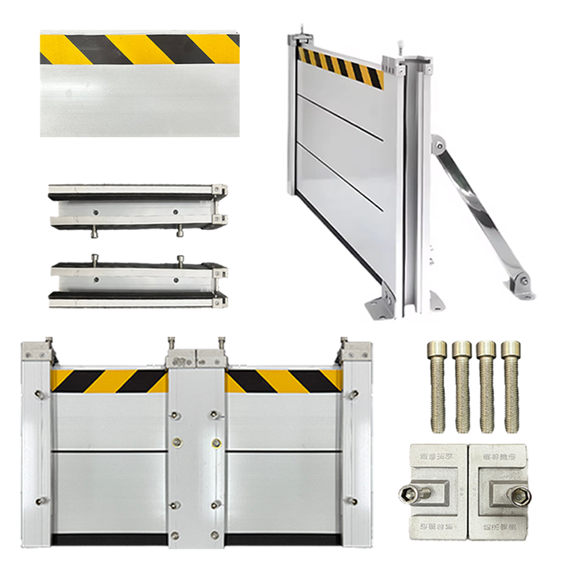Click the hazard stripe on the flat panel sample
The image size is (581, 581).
click(x=140, y=49)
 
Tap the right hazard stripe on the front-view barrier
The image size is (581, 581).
click(x=282, y=381)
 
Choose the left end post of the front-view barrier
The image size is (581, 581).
click(x=37, y=452)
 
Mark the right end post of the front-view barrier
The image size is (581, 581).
click(x=356, y=452)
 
